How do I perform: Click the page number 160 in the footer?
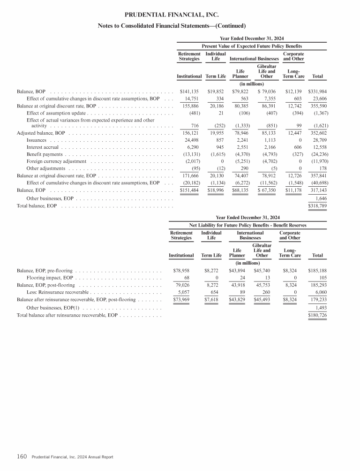(22, 456)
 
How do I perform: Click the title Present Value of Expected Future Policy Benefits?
(251, 46)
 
